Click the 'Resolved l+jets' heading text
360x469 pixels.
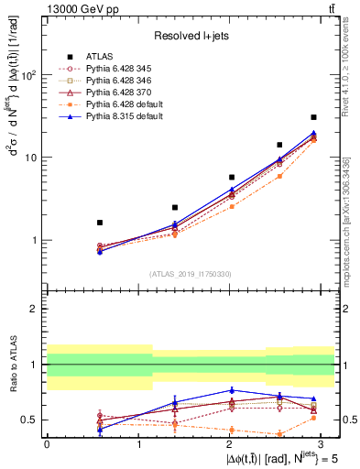pyautogui.click(x=191, y=36)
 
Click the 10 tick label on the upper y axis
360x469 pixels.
pyautogui.click(x=33, y=158)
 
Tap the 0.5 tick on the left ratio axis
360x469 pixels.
pyautogui.click(x=32, y=420)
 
